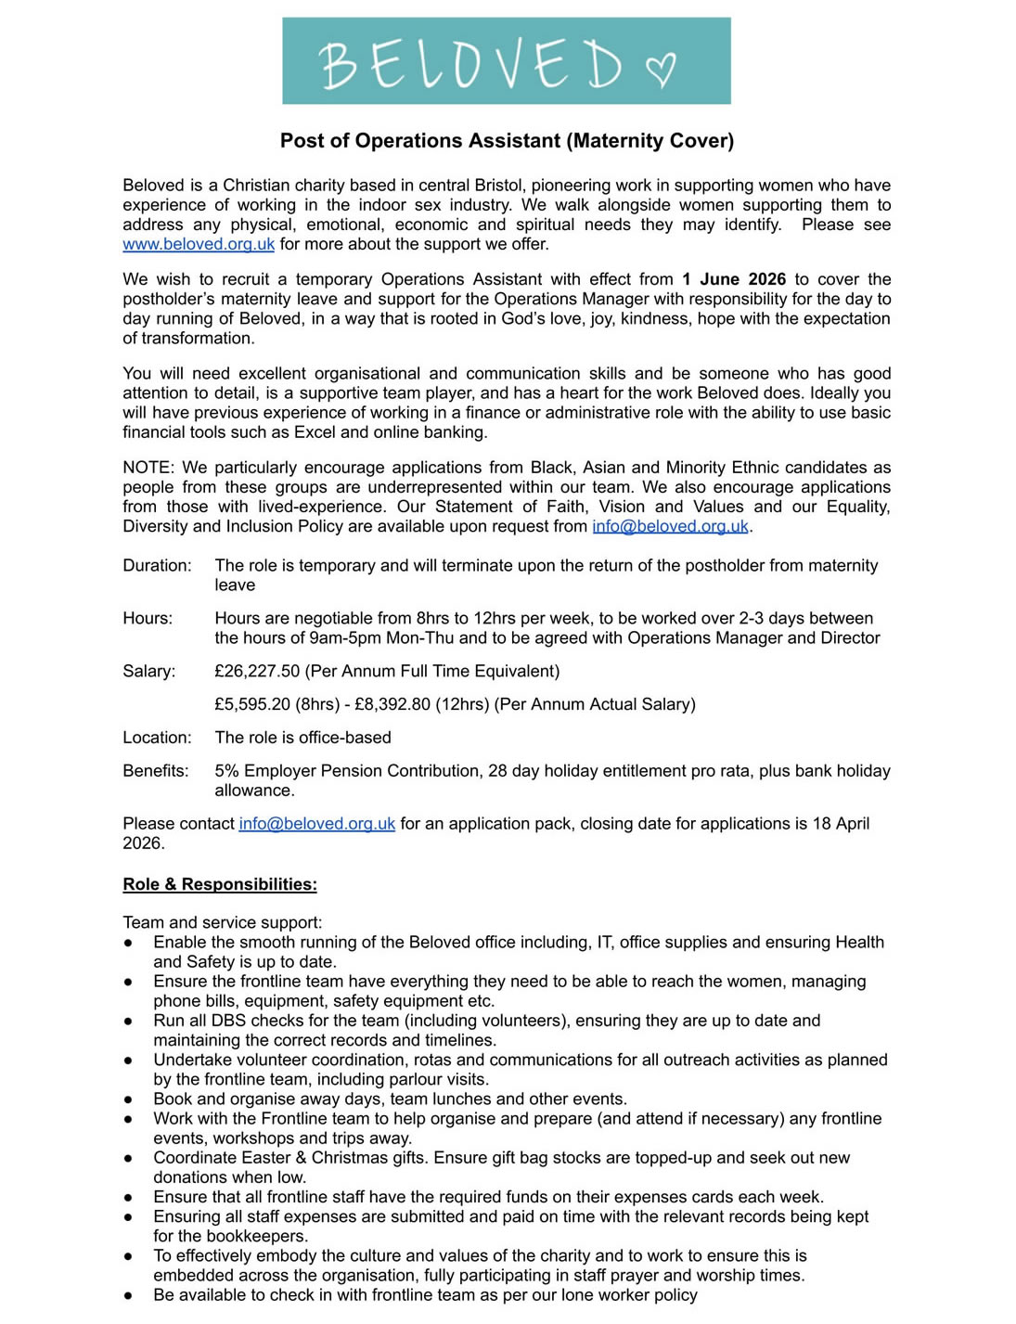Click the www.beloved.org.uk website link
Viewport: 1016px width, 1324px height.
click(x=199, y=244)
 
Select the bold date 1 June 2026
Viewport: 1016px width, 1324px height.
click(x=734, y=279)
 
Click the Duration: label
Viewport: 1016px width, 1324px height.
click(x=157, y=565)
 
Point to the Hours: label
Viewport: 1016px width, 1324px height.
click(x=148, y=618)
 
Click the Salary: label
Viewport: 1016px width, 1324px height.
click(x=148, y=671)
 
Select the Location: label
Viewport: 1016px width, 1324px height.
click(x=157, y=738)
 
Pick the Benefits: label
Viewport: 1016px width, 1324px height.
click(x=155, y=771)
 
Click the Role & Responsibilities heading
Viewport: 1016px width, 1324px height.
click(x=220, y=884)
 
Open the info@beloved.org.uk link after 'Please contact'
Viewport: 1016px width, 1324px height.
click(x=316, y=824)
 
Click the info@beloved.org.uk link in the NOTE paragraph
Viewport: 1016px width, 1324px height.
click(x=670, y=526)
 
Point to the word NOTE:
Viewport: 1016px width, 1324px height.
click(x=148, y=468)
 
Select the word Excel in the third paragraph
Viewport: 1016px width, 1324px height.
click(x=315, y=432)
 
